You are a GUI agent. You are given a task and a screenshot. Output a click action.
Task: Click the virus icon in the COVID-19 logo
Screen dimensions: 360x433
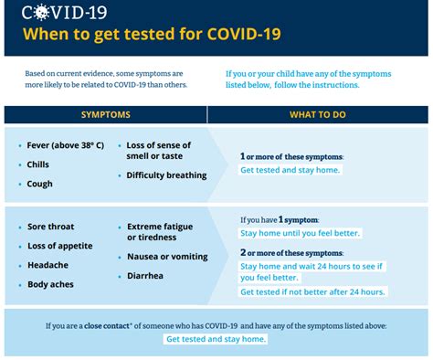point(37,13)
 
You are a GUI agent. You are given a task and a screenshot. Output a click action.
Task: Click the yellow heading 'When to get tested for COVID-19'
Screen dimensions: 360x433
point(152,36)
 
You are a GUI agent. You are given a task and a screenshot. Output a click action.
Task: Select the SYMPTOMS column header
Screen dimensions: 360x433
point(106,115)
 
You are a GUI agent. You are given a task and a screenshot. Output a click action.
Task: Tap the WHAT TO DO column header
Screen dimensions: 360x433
point(317,115)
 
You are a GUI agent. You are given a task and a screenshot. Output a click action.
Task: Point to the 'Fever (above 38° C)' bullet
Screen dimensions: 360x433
point(66,146)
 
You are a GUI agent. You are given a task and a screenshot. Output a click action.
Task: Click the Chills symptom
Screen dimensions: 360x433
point(38,165)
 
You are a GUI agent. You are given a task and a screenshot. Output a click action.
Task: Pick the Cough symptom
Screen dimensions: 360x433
point(39,184)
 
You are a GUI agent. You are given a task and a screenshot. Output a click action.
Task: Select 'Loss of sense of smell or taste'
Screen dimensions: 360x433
point(158,151)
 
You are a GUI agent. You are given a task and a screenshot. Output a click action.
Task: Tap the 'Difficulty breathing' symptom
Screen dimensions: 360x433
point(166,175)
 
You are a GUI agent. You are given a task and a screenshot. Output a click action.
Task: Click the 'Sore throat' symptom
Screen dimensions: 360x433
point(50,227)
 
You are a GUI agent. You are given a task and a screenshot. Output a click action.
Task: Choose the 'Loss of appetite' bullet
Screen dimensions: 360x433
point(59,246)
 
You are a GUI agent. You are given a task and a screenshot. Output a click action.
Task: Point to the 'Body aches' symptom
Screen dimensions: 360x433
point(50,284)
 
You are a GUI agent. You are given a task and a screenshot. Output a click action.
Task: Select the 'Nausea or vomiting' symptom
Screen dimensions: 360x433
point(166,257)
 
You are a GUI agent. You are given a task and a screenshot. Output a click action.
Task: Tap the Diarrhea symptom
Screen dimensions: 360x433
point(145,275)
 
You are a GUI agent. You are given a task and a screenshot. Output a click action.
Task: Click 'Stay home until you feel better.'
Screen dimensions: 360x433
point(300,234)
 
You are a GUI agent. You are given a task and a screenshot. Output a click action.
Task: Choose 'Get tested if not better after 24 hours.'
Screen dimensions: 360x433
point(312,292)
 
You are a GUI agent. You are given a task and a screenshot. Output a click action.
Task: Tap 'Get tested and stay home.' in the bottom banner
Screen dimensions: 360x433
point(216,339)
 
